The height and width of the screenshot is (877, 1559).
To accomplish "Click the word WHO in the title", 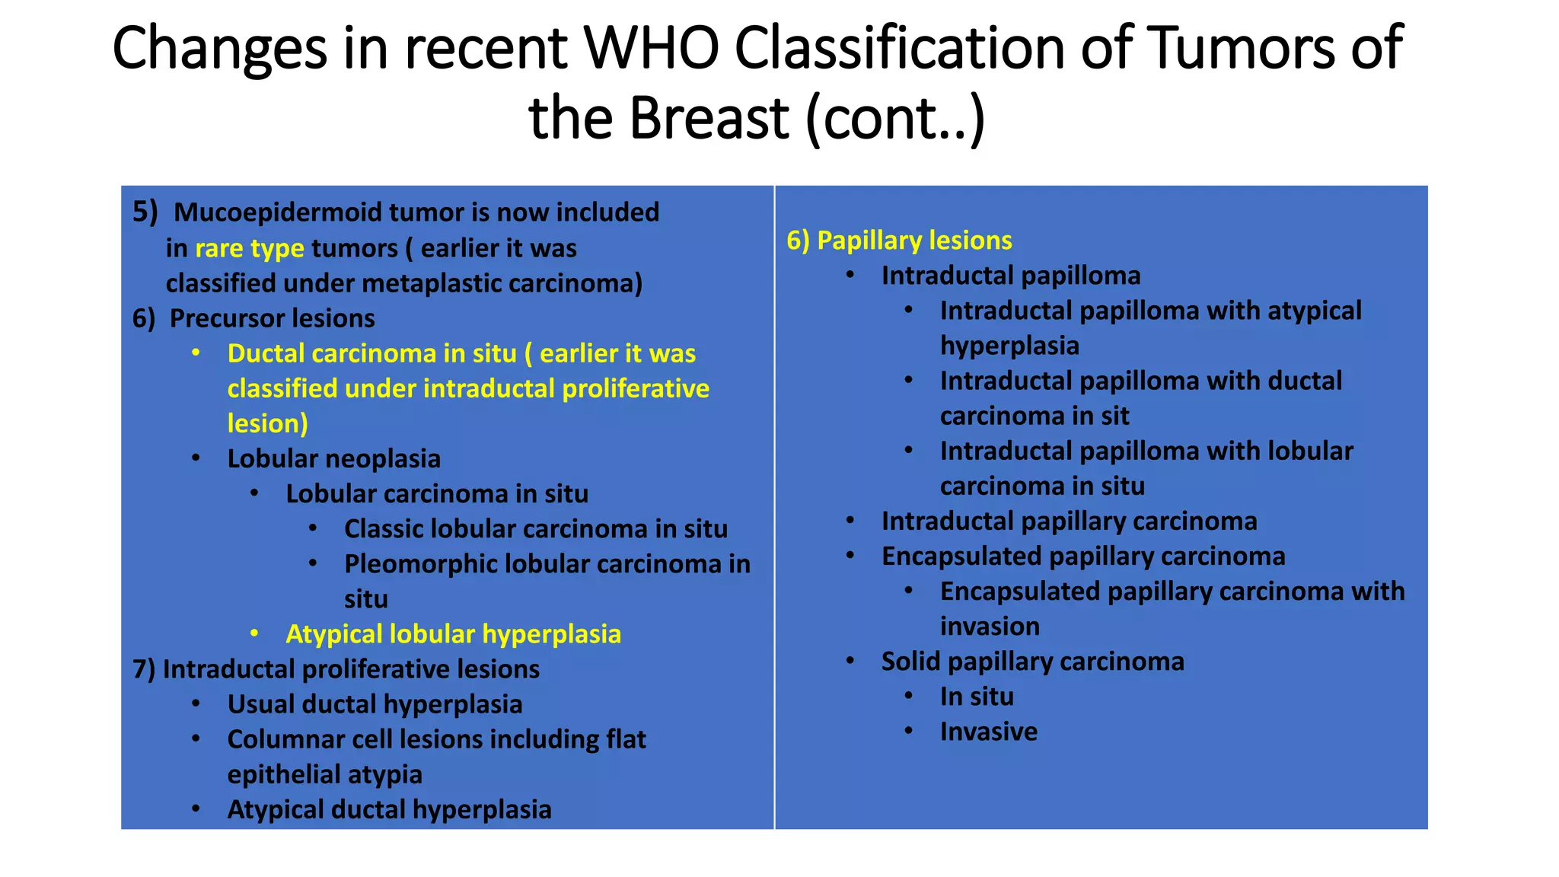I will click(x=651, y=47).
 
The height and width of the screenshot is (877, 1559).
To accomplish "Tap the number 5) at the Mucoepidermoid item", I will click(x=145, y=211).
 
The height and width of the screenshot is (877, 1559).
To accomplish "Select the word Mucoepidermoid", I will click(x=277, y=212).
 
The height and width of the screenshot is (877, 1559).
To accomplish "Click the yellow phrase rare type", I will click(x=249, y=248).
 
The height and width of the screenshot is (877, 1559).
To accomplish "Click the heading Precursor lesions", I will click(x=272, y=318).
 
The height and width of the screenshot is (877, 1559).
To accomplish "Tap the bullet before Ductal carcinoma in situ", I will click(x=196, y=352).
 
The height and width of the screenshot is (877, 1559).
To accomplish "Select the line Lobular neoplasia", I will click(x=333, y=458).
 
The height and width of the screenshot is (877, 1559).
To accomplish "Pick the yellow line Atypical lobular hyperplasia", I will click(x=453, y=634).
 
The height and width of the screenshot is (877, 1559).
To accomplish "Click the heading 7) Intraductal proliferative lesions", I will click(x=336, y=669).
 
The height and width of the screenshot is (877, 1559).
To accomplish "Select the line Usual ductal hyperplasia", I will click(x=375, y=704).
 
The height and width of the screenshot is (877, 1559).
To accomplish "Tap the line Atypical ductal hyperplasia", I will click(x=389, y=809).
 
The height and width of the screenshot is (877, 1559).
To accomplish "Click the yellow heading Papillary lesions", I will click(x=913, y=241).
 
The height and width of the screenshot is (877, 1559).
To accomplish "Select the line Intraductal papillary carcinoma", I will click(x=1069, y=521).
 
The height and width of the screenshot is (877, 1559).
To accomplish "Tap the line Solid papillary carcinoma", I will click(x=1032, y=662).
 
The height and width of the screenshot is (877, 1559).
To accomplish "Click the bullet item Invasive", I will click(x=988, y=732).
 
